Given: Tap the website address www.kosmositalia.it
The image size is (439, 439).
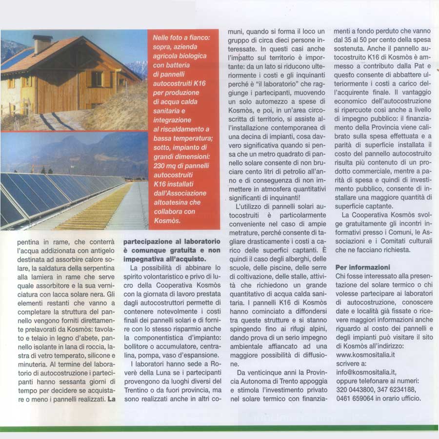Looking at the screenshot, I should pyautogui.click(x=366, y=355).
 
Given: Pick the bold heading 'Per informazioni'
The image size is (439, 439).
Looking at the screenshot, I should pyautogui.click(x=363, y=267).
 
